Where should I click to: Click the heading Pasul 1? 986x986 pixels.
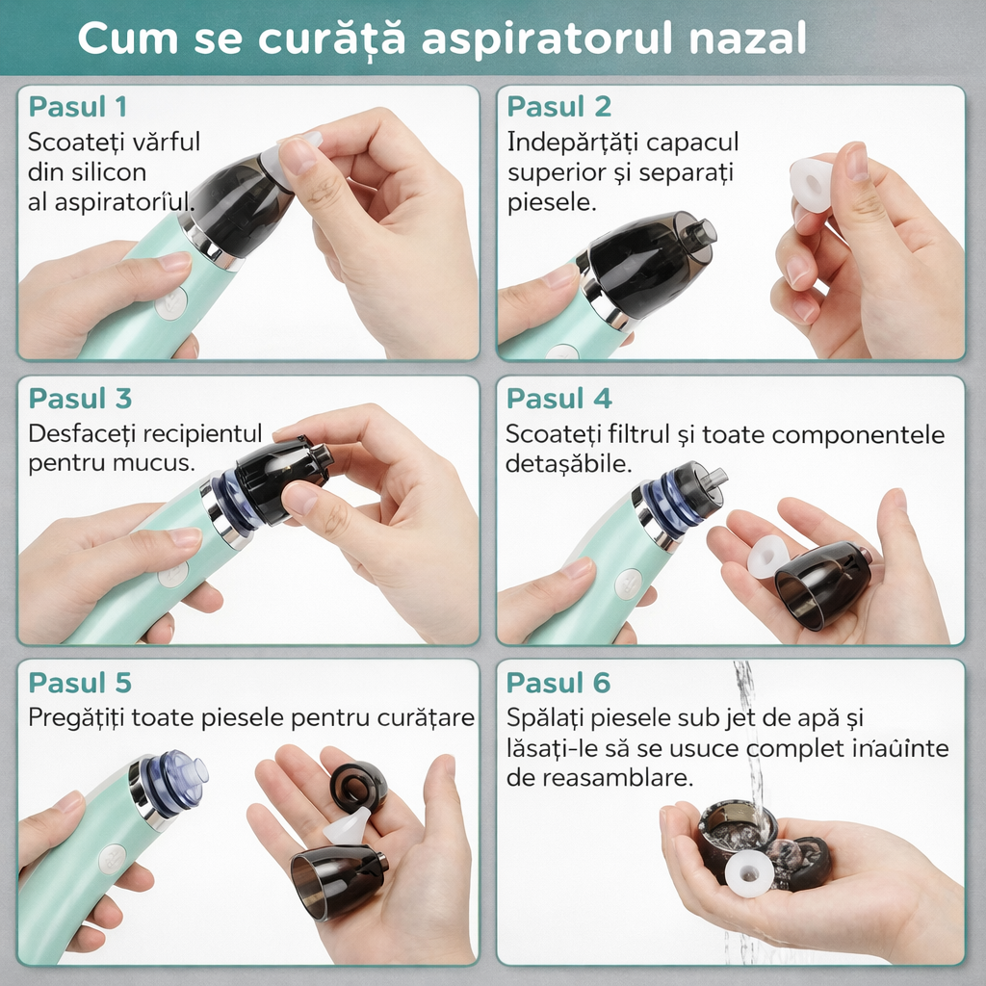[x=77, y=106]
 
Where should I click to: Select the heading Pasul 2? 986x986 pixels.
[x=558, y=106]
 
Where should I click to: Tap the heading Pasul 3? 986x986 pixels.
[x=80, y=399]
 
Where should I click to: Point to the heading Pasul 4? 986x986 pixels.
[x=558, y=399]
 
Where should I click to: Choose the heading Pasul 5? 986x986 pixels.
[x=79, y=683]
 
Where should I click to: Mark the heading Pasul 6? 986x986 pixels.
[x=558, y=683]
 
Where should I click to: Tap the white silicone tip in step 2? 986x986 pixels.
[x=811, y=184]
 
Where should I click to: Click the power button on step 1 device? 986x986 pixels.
[x=170, y=304]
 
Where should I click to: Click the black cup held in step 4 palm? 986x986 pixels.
[x=822, y=585]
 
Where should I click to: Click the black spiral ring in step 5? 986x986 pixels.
[x=358, y=787]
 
